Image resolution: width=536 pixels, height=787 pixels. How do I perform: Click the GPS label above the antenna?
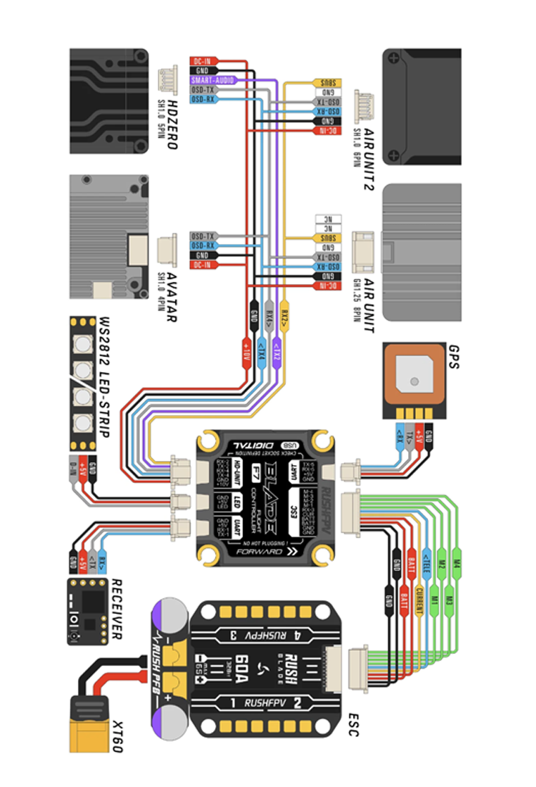(x=454, y=356)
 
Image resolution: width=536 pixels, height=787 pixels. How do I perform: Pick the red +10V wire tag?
(x=246, y=355)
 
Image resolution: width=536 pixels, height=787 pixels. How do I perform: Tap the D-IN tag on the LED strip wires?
(x=72, y=473)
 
